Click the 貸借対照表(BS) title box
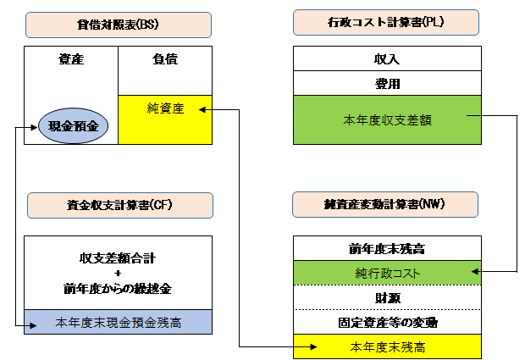(119, 25)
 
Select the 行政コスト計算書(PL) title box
(386, 22)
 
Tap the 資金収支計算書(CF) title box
(119, 206)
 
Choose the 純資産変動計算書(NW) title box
(385, 204)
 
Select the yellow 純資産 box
(165, 119)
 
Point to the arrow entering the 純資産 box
(204, 108)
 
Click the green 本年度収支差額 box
(387, 120)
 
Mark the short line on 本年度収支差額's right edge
(473, 114)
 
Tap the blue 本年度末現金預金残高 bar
(118, 322)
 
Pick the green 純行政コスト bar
(387, 273)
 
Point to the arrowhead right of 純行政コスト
(476, 272)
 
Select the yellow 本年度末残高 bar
(387, 346)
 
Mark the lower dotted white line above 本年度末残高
(387, 310)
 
